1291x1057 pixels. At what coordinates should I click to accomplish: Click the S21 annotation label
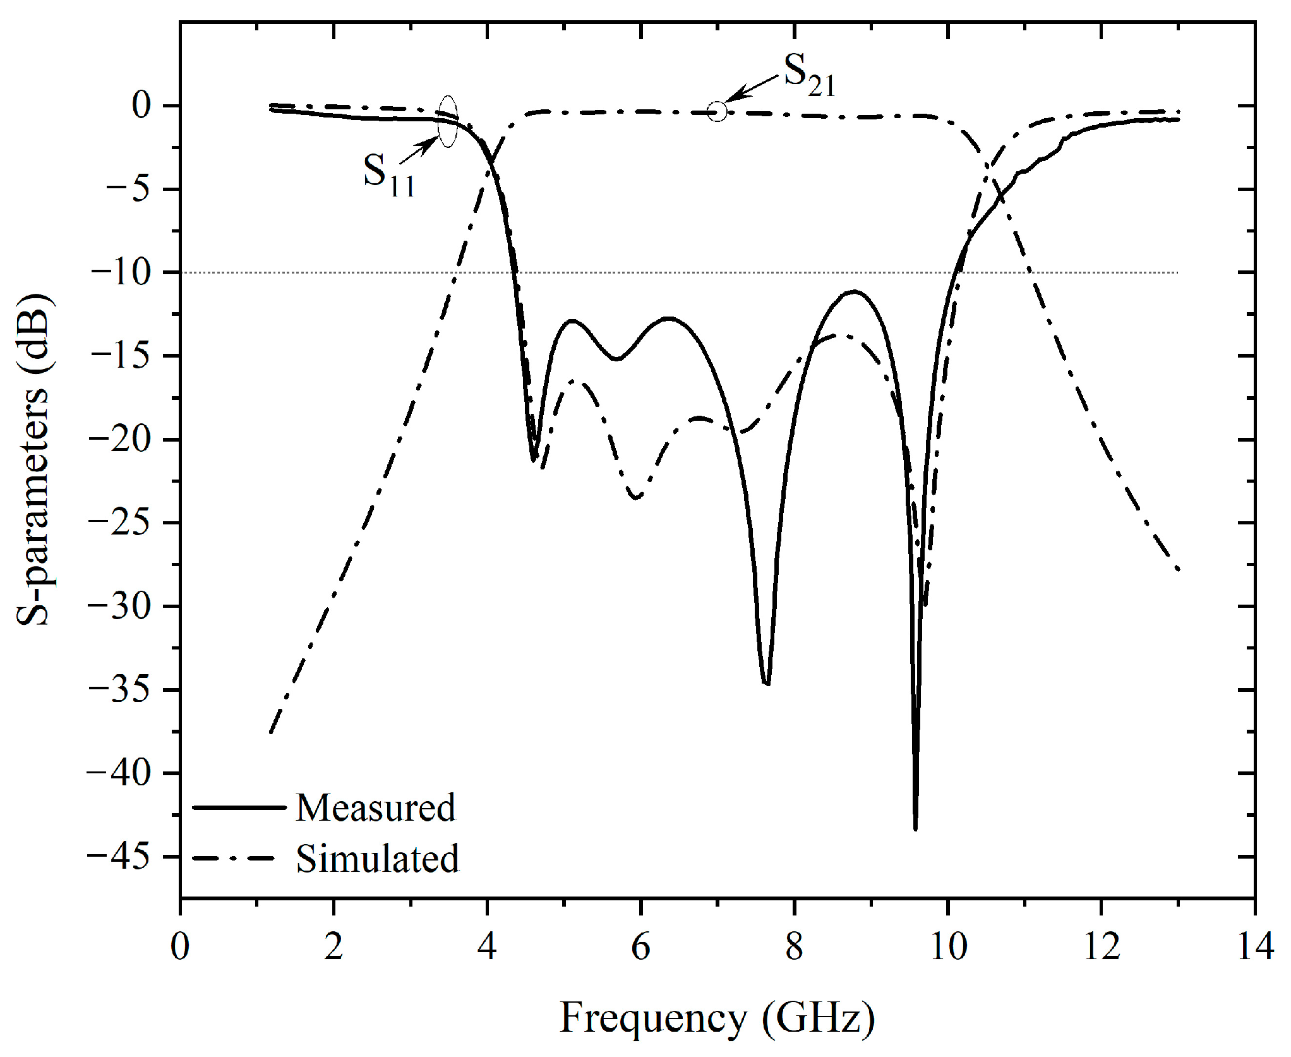[x=808, y=76]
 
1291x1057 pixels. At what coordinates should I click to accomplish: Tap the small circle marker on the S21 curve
[x=717, y=112]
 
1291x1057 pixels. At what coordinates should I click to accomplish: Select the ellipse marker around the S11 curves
[x=447, y=122]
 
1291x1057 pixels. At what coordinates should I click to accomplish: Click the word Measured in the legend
[x=375, y=808]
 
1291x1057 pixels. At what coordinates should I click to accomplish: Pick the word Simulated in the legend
[x=377, y=859]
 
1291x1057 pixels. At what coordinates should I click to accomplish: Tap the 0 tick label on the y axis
[x=141, y=106]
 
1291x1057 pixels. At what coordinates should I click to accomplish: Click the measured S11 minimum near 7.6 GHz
[x=766, y=683]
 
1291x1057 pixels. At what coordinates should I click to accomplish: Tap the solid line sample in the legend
[x=238, y=807]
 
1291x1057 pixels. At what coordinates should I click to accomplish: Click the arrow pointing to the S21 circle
[x=752, y=88]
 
